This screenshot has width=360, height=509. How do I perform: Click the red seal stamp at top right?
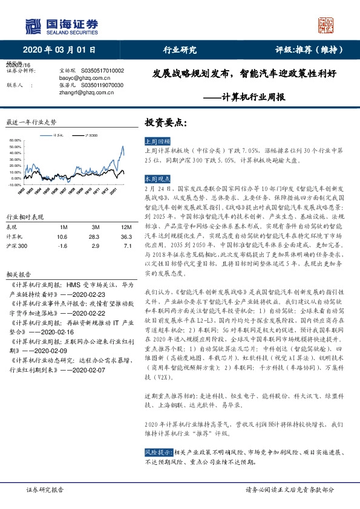(328, 25)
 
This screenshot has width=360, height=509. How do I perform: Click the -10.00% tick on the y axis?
(15, 186)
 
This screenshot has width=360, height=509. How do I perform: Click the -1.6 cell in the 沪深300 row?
(62, 246)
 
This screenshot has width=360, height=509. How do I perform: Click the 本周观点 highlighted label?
(157, 180)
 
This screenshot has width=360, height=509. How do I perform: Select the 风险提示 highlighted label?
(157, 452)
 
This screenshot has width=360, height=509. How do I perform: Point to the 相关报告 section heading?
(18, 274)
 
